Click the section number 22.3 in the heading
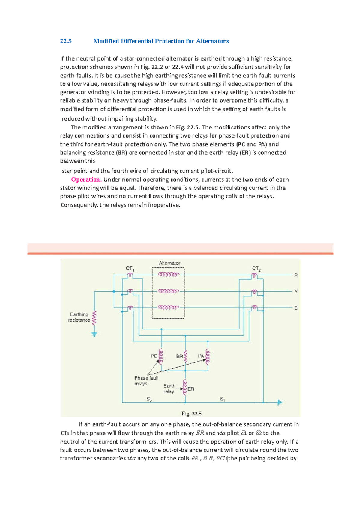(66, 41)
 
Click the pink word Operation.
(86, 180)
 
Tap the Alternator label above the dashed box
(169, 263)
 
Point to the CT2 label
(256, 269)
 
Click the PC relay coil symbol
(161, 356)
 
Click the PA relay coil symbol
(208, 356)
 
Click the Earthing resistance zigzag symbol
(95, 318)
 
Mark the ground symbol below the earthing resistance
(94, 334)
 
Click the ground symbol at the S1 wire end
(280, 403)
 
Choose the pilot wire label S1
(223, 399)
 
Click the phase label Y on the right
(296, 291)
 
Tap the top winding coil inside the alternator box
(168, 275)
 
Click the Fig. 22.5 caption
(191, 414)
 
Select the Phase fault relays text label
(146, 381)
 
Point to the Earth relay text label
(169, 389)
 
